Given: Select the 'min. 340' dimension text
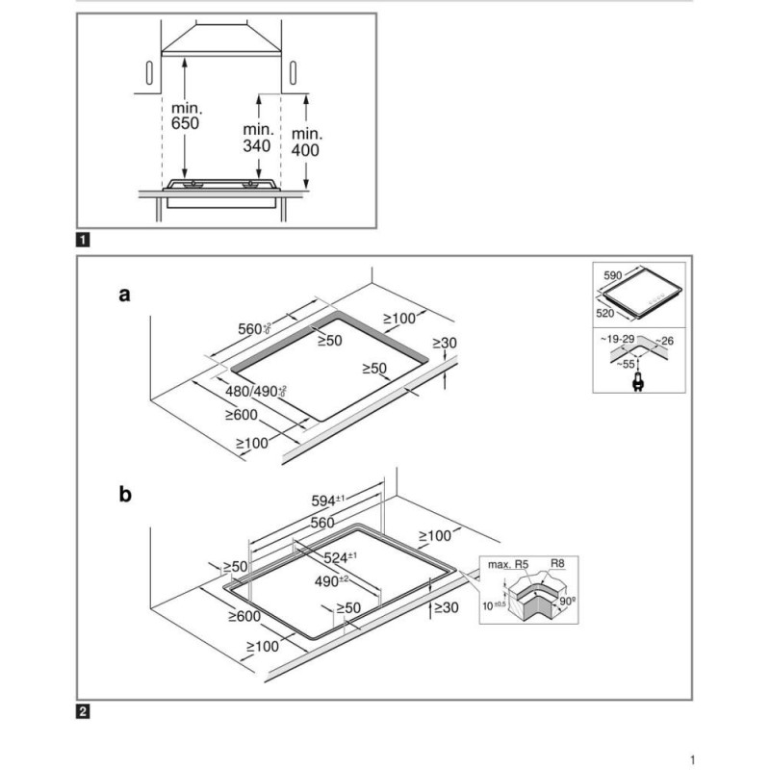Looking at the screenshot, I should (x=258, y=137).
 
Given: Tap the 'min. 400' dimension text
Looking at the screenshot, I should (x=305, y=141).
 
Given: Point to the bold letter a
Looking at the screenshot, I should (x=123, y=295).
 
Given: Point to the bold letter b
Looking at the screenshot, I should (x=124, y=496).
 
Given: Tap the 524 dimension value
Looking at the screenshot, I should (x=340, y=557).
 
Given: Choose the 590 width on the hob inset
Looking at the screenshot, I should (x=613, y=275).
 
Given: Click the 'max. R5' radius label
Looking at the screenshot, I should (x=509, y=563).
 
